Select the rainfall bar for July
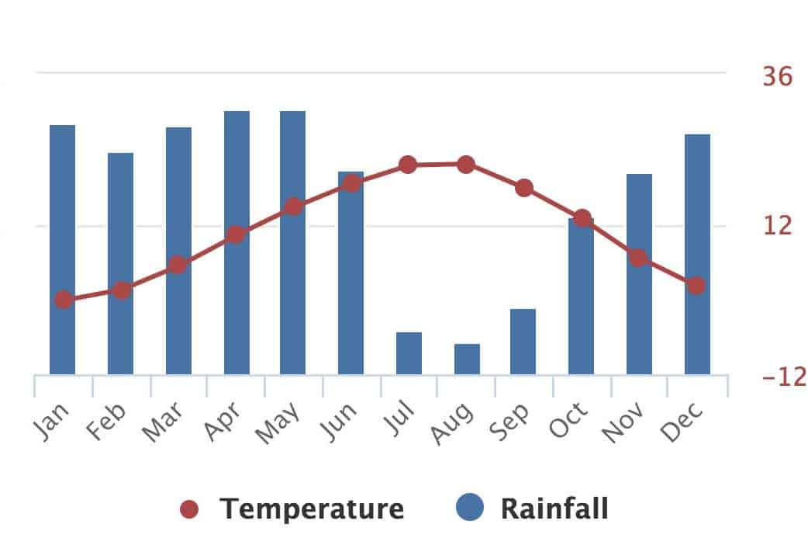point(409,353)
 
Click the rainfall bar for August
point(467,359)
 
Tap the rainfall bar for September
point(523,342)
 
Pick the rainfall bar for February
point(120,264)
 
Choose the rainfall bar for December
point(697,255)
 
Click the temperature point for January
point(64,300)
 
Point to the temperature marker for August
point(466,165)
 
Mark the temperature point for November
point(638,258)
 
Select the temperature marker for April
point(237,234)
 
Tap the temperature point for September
point(524,188)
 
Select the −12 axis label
point(784,377)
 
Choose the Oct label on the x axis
point(568,422)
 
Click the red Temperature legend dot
point(189,509)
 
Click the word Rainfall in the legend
point(554,509)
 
